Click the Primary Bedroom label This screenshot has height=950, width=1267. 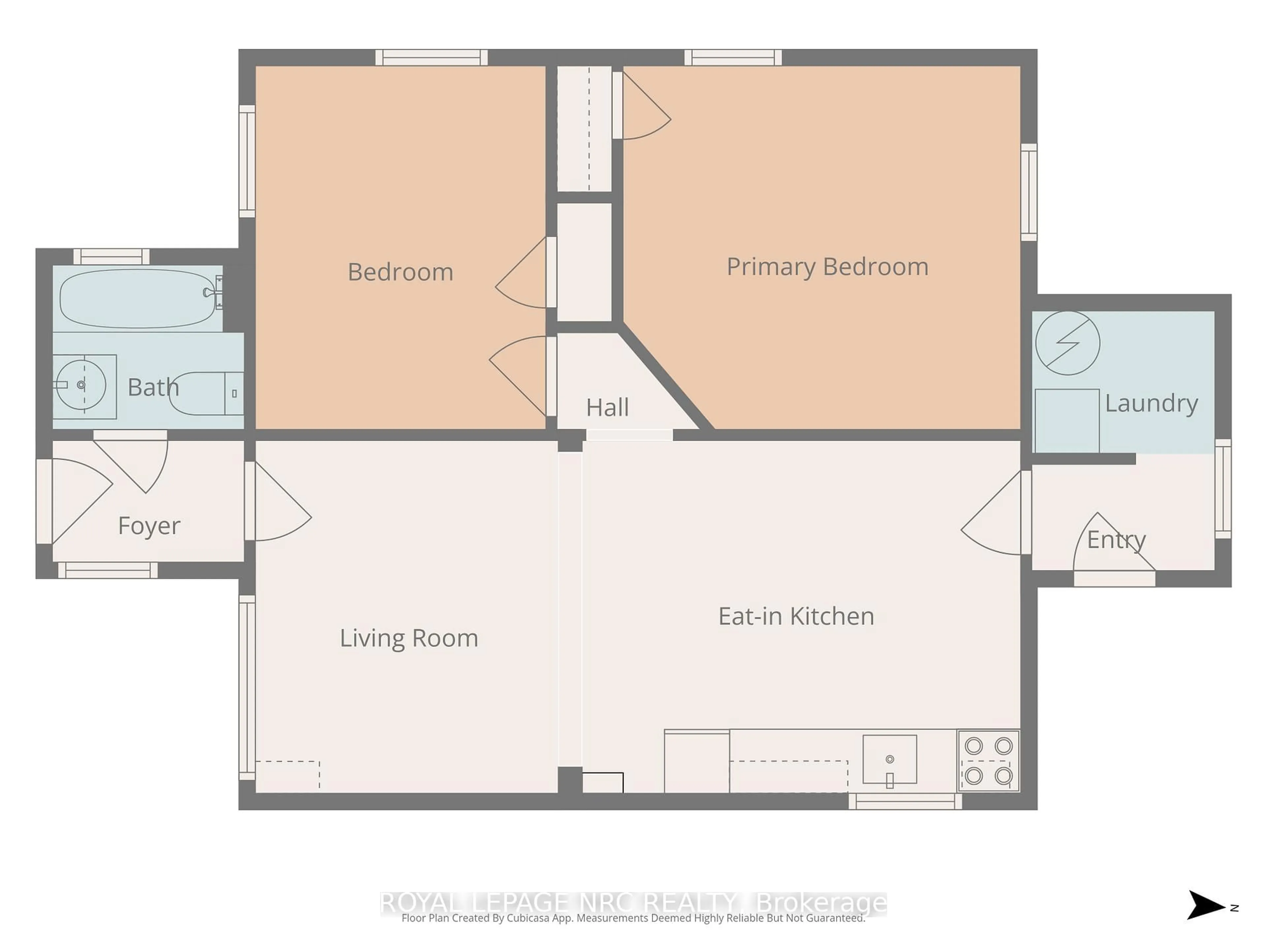click(827, 267)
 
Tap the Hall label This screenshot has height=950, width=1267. click(607, 408)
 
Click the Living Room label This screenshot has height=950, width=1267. click(408, 638)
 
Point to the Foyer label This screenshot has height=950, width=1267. click(149, 526)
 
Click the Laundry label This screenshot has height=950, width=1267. click(1151, 403)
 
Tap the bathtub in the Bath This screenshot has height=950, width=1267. click(138, 298)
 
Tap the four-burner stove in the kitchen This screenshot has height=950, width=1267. click(988, 760)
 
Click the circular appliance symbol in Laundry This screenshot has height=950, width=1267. click(1067, 343)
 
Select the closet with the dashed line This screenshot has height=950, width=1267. click(584, 129)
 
